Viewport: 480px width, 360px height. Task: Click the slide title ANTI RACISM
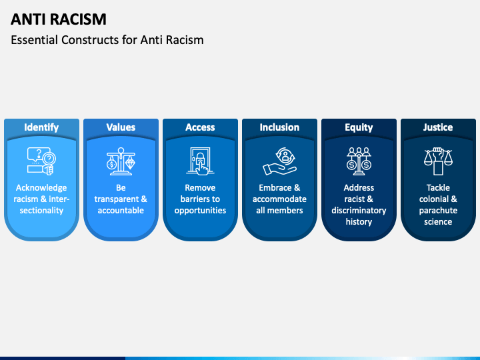point(59,19)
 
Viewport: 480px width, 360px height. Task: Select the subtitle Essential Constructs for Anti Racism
point(107,40)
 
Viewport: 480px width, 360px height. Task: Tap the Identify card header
point(41,127)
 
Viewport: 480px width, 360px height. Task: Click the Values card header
point(121,127)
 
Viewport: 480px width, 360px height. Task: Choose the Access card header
point(200,127)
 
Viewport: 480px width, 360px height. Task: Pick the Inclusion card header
point(279,127)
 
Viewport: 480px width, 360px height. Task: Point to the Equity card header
point(359,127)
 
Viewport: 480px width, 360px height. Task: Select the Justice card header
point(438,127)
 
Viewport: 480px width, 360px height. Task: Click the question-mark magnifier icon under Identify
point(41,161)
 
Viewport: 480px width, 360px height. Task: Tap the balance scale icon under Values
point(121,161)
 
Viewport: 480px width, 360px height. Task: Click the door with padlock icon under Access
point(200,161)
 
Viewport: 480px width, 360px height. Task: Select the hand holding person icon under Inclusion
point(279,161)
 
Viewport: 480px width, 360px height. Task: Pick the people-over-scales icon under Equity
point(359,161)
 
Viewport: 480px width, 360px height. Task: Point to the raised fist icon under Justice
point(438,161)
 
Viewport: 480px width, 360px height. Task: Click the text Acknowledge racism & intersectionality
point(41,199)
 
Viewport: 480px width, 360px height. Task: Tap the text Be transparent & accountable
point(121,199)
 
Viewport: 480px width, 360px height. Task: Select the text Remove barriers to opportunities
point(200,199)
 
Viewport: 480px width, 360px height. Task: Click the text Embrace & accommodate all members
point(279,199)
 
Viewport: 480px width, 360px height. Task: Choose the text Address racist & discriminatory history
point(359,205)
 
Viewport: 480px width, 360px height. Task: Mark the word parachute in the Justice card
point(438,211)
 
